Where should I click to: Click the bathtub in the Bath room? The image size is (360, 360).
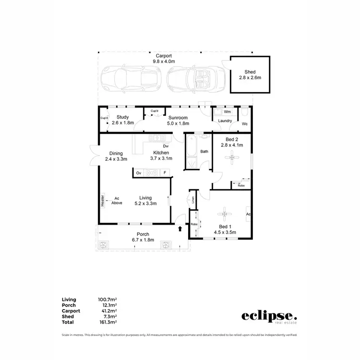pos(191,152)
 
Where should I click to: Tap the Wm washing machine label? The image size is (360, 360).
pos(227,112)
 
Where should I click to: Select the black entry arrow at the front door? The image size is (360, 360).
pos(180,228)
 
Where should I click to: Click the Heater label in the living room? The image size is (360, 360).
pos(103,200)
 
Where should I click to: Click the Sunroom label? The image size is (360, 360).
pos(178,118)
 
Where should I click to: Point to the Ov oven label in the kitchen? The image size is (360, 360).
pos(138,173)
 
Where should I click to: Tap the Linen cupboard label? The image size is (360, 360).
pos(193,200)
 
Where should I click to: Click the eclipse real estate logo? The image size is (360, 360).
pos(269,317)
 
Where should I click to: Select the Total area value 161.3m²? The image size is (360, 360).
pos(108,323)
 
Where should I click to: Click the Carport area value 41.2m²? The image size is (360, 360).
pos(108,311)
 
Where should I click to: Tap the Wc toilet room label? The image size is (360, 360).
pos(244,124)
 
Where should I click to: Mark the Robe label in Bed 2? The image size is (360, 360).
pos(241,185)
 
